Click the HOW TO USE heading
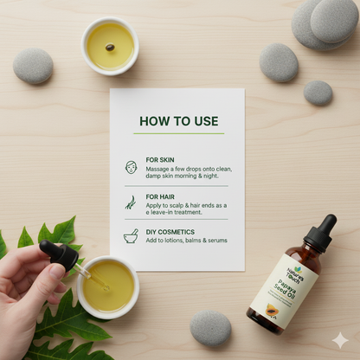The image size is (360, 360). [178, 120]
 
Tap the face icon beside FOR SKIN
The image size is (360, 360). [131, 166]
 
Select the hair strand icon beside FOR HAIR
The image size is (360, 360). [131, 202]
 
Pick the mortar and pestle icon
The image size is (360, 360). [131, 235]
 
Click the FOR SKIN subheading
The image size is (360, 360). [159, 160]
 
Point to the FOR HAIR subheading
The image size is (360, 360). [160, 196]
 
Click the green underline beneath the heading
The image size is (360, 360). [178, 133]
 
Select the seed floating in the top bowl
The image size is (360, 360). [110, 47]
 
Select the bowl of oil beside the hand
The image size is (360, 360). [107, 287]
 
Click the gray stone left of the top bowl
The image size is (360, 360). [33, 66]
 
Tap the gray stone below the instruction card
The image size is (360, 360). [210, 328]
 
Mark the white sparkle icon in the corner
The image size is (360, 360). [340, 340]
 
